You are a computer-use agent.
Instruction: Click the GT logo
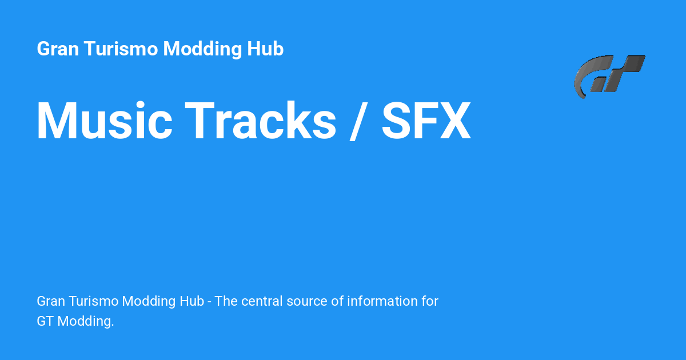[609, 75]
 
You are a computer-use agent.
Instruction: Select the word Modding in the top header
[202, 49]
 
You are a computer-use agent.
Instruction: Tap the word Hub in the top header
[265, 49]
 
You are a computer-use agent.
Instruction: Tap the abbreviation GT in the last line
[45, 322]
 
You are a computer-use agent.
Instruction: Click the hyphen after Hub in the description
[210, 302]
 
